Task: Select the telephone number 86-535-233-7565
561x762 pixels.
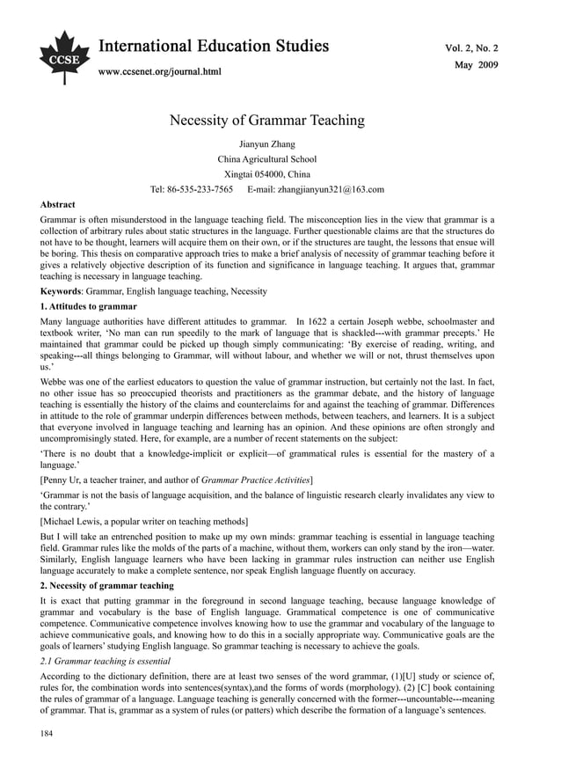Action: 200,189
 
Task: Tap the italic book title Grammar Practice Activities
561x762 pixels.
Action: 255,479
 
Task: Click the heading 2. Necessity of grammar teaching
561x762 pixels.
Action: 107,585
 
